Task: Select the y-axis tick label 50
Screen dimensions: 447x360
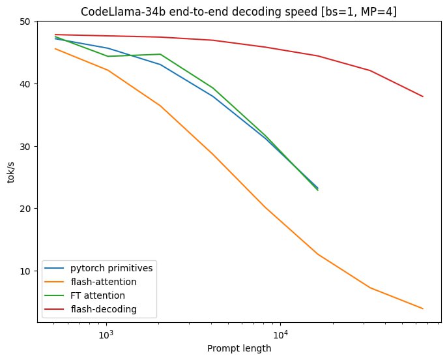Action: pos(25,22)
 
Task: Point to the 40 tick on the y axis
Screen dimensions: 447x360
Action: pos(25,84)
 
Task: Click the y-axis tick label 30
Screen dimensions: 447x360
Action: pos(25,146)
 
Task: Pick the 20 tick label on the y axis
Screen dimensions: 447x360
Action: pos(25,209)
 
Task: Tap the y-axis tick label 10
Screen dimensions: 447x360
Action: pos(25,271)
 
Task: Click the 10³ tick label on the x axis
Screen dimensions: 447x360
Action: pos(106,334)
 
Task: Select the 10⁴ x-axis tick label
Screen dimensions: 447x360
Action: pos(280,334)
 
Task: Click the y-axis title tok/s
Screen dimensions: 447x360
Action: pos(11,172)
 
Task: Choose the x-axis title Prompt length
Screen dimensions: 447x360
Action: pos(239,349)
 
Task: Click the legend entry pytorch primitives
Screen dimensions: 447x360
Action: pos(111,269)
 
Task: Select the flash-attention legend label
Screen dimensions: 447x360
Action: pos(104,282)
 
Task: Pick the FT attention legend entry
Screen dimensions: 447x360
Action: pos(98,295)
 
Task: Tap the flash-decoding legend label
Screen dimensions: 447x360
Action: pos(104,309)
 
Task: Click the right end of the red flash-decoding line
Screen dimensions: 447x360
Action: pos(423,97)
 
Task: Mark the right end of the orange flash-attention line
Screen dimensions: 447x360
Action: pos(423,308)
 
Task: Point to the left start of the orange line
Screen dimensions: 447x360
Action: pos(55,49)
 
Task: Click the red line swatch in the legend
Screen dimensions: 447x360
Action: pos(54,309)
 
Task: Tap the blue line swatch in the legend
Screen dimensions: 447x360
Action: pos(54,268)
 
